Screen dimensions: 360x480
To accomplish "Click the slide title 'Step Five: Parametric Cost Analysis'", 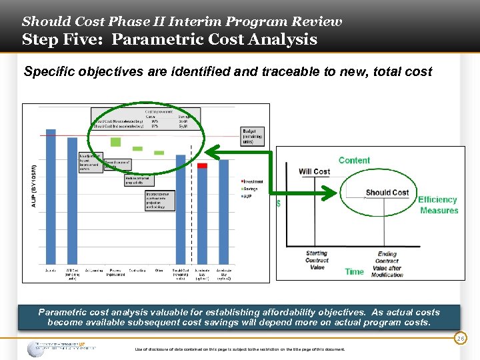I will coord(169,39).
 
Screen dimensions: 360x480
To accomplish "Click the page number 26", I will coord(461,339).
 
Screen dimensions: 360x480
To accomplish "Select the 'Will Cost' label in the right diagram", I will coord(314,171).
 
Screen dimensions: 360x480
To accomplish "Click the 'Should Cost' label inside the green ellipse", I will coord(387,193).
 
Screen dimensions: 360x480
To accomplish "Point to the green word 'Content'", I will coord(354,160).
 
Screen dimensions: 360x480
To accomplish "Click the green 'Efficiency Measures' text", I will coord(438,205).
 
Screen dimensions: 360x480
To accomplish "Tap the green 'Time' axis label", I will coord(355,271).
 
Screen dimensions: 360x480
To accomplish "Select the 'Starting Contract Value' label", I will coord(317,261).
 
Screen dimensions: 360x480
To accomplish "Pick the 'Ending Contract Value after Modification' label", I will coord(387,264).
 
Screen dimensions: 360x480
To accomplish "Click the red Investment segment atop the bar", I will coord(203,165).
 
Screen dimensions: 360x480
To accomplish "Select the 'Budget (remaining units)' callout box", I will coord(253,135).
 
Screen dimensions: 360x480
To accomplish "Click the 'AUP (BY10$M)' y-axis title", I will coord(35,186).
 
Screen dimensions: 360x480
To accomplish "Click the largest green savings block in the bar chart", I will coord(116,141).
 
